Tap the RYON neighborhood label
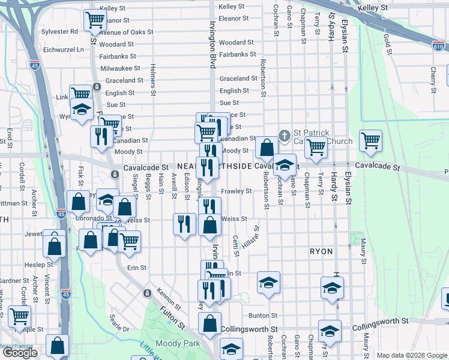coord(321,251)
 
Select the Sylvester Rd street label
coord(60,31)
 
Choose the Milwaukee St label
coord(120,68)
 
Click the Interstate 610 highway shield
coord(439,46)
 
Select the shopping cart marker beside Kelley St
coord(95,20)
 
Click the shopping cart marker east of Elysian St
coord(370,140)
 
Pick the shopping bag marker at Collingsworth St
coord(210,323)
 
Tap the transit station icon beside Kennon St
coord(146,293)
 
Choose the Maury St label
coord(364,253)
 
